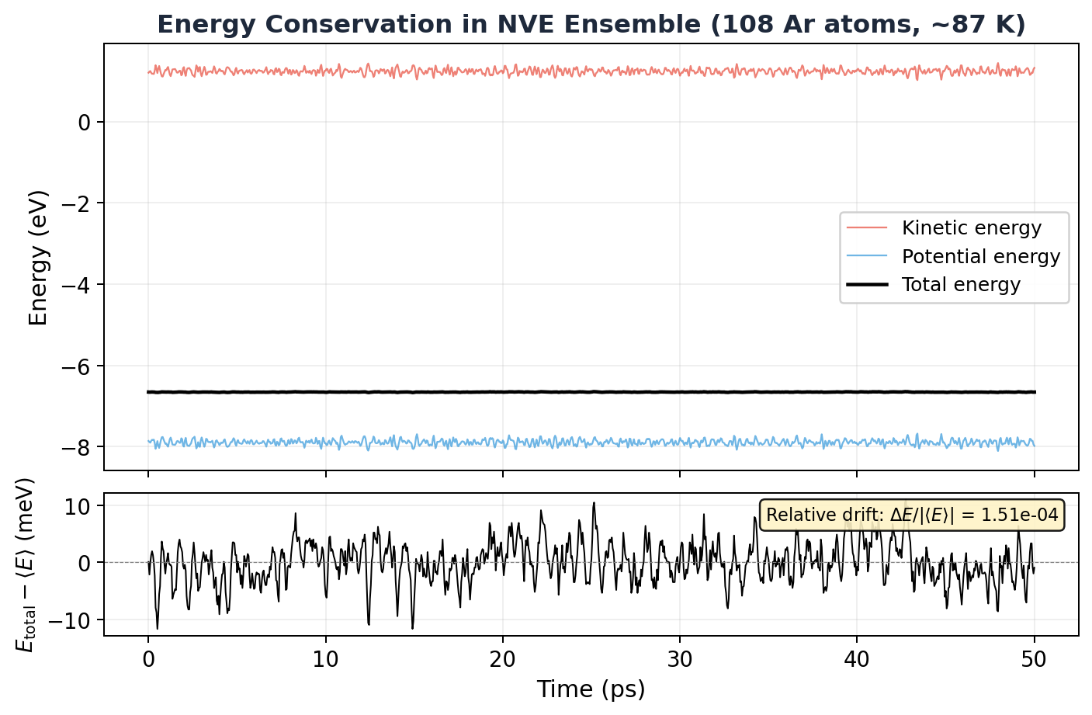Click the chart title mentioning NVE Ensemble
[591, 25]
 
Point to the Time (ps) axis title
[591, 689]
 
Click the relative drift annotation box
[912, 515]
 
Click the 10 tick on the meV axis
[78, 506]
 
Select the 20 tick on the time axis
[502, 661]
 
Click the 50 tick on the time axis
[1034, 661]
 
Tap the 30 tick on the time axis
[680, 661]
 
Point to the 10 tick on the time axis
[325, 661]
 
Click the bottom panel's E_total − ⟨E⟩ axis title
[26, 564]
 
